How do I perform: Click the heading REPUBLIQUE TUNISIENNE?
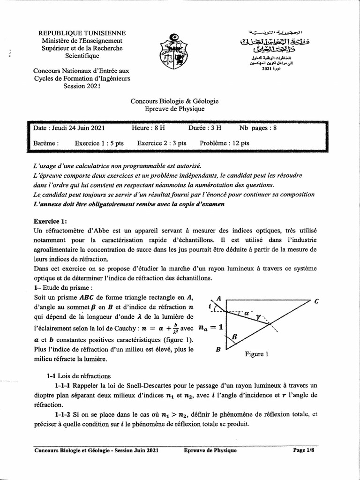coord(82,33)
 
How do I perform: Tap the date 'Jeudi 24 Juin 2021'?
coord(69,127)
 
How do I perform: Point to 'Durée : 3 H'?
coord(205,127)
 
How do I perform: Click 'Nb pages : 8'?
coord(258,127)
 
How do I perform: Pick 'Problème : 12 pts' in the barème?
coord(225,143)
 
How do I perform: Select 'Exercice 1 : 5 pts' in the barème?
coord(99,143)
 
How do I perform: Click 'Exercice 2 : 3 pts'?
coord(162,143)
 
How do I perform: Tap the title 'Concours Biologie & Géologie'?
coord(174,101)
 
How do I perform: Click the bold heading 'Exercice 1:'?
coord(51,221)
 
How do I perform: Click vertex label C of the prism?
coord(317,301)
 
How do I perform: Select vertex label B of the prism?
coord(218,349)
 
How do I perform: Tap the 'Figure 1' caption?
coord(257,354)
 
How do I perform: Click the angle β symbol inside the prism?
coord(234,336)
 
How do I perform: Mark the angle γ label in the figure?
coord(259,318)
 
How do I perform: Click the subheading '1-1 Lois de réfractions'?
coord(78,375)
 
